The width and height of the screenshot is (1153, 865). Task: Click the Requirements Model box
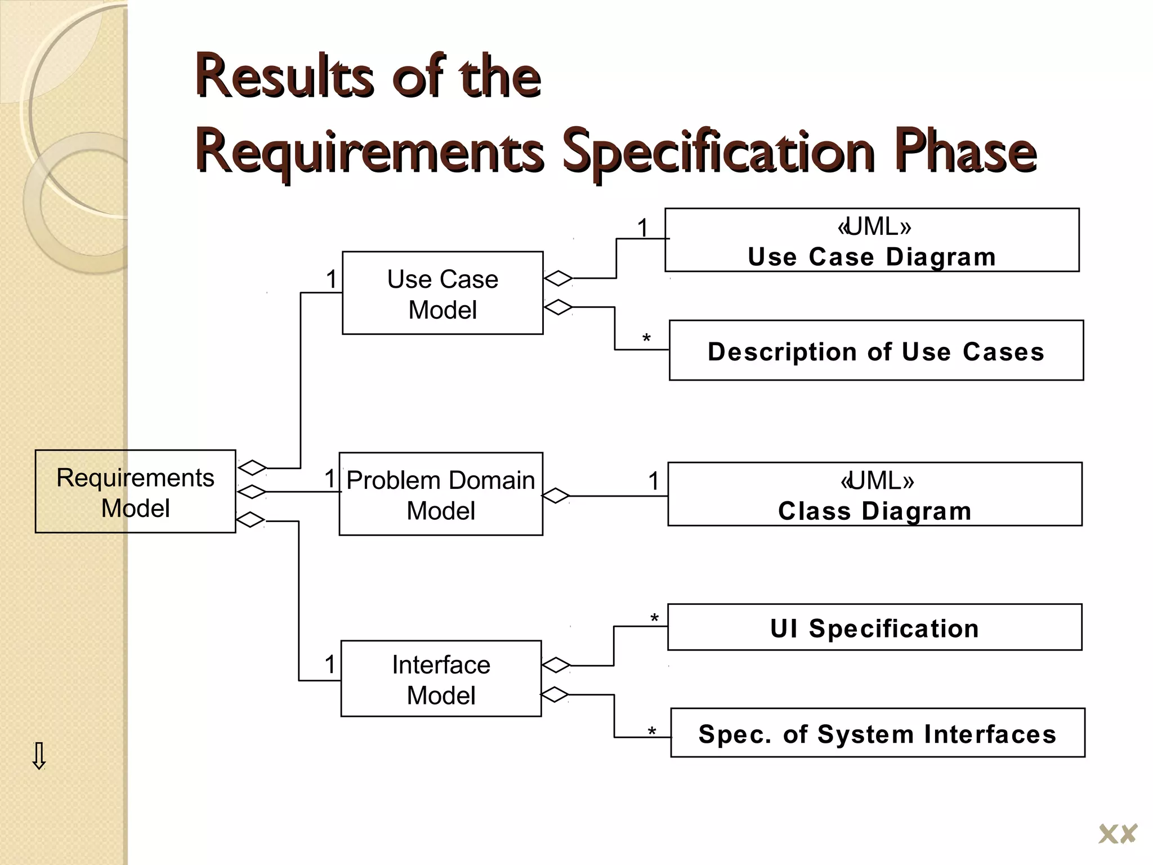(135, 491)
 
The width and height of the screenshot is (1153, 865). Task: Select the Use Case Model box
(443, 293)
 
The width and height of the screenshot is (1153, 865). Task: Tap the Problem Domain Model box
(441, 494)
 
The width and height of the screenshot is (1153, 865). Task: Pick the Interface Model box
(441, 679)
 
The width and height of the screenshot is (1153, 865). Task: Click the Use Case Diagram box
(872, 240)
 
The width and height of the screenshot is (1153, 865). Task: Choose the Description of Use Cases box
(876, 351)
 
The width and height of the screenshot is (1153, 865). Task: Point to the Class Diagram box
(875, 494)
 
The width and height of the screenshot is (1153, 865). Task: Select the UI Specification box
(874, 627)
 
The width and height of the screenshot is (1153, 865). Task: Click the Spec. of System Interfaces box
(877, 733)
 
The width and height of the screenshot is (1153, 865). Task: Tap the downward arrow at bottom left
(39, 756)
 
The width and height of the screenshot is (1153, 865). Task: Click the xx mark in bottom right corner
(1118, 834)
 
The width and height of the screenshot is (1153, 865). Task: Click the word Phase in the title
(965, 151)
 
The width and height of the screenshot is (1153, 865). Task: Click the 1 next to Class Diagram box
(653, 481)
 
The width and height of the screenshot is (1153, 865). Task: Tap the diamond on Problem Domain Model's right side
(556, 496)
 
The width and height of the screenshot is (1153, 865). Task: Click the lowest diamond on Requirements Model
(250, 519)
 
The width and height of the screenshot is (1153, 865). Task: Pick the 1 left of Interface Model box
(330, 665)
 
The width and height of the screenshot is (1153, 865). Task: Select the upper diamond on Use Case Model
(558, 278)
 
